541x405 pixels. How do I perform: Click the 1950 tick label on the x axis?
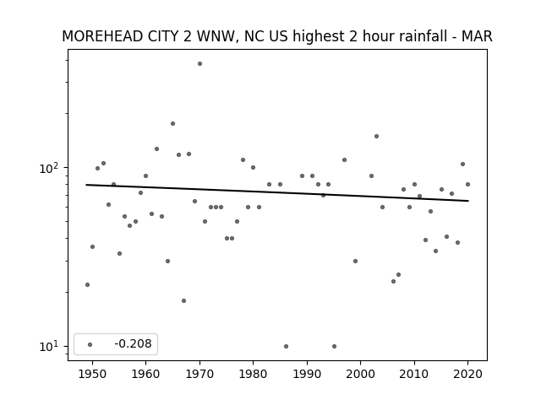click(92, 374)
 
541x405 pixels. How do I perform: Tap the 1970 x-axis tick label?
click(199, 374)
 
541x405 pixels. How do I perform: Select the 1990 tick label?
click(307, 374)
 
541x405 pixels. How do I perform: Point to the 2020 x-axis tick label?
click(467, 374)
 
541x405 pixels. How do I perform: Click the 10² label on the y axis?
click(50, 168)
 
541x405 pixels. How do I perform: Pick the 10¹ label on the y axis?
click(50, 347)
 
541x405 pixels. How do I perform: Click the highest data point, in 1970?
click(199, 64)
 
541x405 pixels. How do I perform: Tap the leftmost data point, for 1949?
click(87, 285)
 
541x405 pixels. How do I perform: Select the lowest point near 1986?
click(286, 347)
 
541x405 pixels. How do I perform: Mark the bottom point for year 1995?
click(334, 347)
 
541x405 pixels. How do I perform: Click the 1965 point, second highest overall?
click(172, 124)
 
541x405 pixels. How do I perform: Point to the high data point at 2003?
click(376, 137)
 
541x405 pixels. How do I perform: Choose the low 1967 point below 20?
click(183, 300)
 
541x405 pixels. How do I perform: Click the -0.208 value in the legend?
click(133, 343)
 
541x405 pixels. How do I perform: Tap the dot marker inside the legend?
click(90, 344)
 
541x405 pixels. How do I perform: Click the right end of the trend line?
click(468, 201)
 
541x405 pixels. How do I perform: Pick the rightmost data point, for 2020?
click(467, 184)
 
